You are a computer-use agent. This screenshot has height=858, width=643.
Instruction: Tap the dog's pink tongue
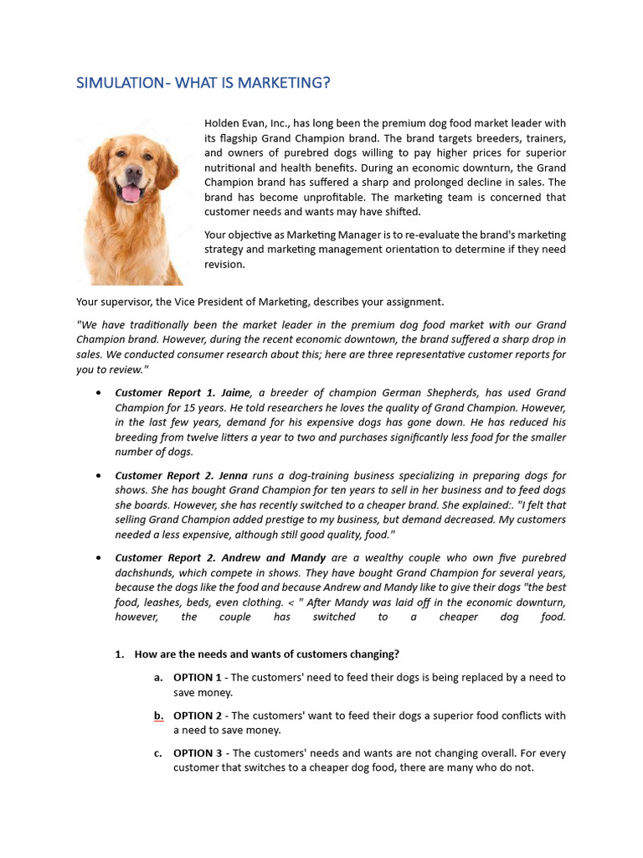pos(131,194)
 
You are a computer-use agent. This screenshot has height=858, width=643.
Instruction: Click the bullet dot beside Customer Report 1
pos(100,392)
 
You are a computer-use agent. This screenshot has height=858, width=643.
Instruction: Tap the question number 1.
pos(119,654)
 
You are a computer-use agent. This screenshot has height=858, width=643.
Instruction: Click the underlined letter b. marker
pos(158,716)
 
